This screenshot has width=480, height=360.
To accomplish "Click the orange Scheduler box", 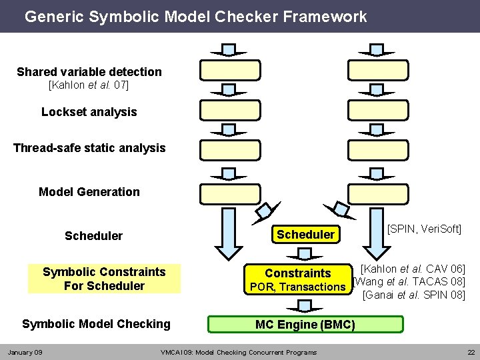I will pyautogui.click(x=305, y=234).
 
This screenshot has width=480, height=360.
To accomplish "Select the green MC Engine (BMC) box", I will pyautogui.click(x=305, y=325).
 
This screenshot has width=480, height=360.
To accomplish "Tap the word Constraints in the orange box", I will pyautogui.click(x=297, y=273).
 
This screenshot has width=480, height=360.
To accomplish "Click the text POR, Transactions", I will pyautogui.click(x=297, y=287).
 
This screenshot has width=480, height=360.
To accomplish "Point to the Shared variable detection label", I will pyautogui.click(x=89, y=71).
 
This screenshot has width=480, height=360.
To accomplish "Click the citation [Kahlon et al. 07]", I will pyautogui.click(x=89, y=85).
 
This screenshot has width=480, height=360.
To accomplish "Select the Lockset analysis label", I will pyautogui.click(x=89, y=112).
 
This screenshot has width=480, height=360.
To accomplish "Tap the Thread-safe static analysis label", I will pyautogui.click(x=89, y=148).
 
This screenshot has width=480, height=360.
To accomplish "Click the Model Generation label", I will pyautogui.click(x=89, y=192).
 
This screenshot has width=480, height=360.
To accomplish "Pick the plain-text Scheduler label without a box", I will pyautogui.click(x=93, y=236).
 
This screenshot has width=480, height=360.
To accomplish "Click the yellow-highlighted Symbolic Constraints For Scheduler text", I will pyautogui.click(x=104, y=279).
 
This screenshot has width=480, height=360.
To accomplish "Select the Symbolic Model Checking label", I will pyautogui.click(x=96, y=324).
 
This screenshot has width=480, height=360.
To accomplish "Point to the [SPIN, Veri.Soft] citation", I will pyautogui.click(x=424, y=229).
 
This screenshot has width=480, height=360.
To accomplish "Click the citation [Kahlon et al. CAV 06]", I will pyautogui.click(x=412, y=268).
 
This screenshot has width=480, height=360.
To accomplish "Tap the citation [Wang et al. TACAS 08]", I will pyautogui.click(x=409, y=281).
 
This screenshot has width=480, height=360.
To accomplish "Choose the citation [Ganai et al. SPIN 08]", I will pyautogui.click(x=413, y=294).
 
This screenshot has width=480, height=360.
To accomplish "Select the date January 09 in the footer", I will pyautogui.click(x=25, y=352).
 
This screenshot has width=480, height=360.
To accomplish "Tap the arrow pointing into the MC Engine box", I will pyautogui.click(x=305, y=305).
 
